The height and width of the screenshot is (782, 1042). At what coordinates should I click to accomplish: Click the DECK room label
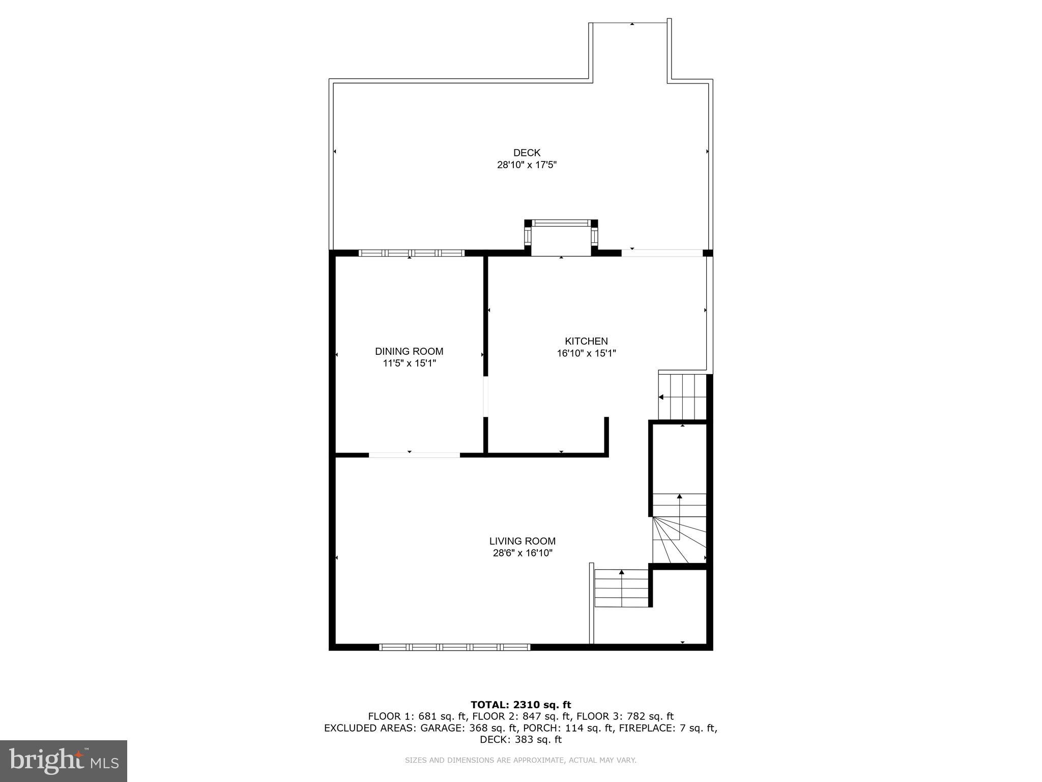(527, 153)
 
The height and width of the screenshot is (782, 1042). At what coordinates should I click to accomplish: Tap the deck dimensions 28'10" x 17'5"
(527, 165)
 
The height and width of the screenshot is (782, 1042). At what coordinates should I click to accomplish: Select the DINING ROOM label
(409, 351)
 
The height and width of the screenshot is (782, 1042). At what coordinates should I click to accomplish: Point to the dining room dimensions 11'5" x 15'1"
(409, 364)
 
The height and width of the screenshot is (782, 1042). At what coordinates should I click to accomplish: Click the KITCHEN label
(586, 341)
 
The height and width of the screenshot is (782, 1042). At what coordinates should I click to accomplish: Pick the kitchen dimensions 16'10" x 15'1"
(586, 353)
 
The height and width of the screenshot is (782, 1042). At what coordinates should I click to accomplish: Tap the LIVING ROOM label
(523, 541)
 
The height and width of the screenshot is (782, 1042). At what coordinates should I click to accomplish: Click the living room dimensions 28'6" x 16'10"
(523, 553)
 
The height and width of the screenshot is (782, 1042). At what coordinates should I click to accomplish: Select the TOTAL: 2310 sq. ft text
(520, 705)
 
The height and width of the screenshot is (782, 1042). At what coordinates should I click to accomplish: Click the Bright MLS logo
(64, 761)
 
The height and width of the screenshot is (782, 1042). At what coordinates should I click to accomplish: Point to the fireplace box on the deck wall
(561, 238)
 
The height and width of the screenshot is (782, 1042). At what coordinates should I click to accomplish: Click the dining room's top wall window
(412, 253)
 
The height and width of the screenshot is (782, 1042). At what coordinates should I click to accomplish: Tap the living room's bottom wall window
(455, 647)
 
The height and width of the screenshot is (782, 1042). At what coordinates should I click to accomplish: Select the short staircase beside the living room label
(622, 589)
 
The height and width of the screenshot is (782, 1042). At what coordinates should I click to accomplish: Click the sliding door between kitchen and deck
(661, 253)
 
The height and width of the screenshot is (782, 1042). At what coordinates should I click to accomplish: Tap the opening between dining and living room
(414, 455)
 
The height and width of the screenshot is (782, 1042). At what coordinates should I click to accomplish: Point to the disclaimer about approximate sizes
(520, 760)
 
